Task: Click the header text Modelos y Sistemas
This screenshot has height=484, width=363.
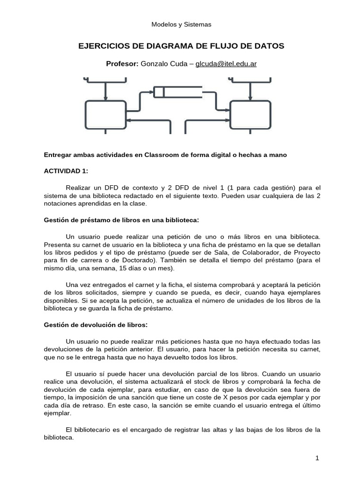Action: [181, 24]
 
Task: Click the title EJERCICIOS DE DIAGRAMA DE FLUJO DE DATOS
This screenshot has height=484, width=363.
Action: [181, 46]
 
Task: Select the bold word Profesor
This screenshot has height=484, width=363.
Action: [122, 64]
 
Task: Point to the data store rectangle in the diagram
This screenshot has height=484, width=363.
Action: [178, 91]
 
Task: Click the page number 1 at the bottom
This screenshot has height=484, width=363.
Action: [318, 458]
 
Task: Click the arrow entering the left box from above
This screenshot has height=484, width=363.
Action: [106, 90]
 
